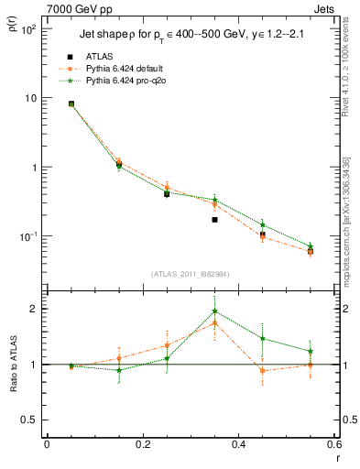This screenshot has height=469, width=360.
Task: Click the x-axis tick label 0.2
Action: [142, 444]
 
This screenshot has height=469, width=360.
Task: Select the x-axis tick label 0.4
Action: [237, 444]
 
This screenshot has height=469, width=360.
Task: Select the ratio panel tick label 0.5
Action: [30, 420]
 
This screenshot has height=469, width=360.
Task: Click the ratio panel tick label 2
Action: [33, 309]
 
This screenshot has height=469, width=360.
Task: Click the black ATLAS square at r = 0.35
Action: [214, 220]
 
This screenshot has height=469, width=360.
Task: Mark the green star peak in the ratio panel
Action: [214, 311]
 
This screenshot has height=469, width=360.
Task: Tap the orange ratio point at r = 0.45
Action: [262, 371]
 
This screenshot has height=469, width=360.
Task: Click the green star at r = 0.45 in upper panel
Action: [262, 224]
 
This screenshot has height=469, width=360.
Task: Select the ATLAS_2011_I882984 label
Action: [190, 274]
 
